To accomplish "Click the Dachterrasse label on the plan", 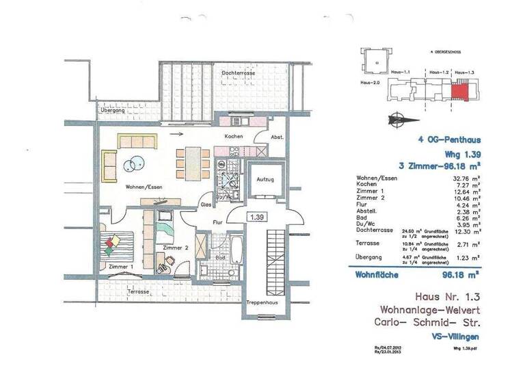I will [238, 72].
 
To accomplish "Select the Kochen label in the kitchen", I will [234, 137].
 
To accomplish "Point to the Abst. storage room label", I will [276, 137].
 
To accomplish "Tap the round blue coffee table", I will [134, 163].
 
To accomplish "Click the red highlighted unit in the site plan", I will [460, 90].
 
